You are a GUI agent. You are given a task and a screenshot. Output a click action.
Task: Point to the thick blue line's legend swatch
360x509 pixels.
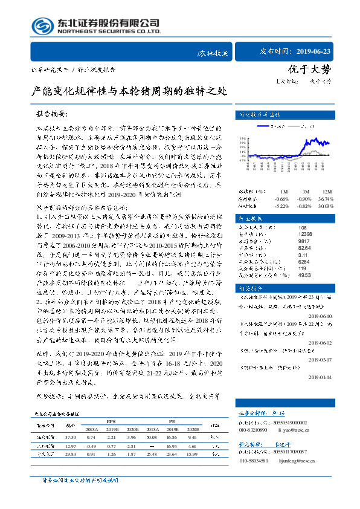(266, 126)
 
